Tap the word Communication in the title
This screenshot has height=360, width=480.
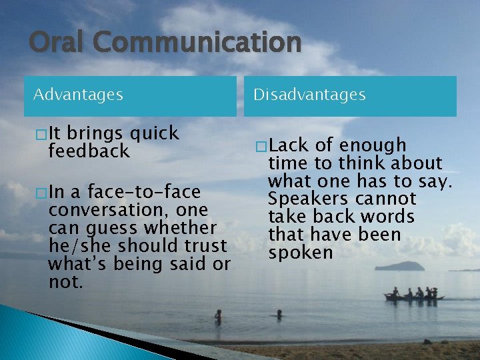[197, 42]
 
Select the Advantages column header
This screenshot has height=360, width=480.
[78, 95]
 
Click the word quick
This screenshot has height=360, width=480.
[155, 133]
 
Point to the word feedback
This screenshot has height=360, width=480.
[89, 151]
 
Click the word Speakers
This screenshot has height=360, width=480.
[304, 199]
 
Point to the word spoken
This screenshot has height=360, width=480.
[300, 253]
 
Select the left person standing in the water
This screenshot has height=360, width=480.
[219, 316]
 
